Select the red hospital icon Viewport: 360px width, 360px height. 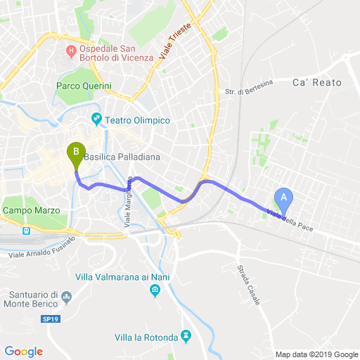[x=70, y=51]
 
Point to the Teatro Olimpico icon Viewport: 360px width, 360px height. [x=96, y=120]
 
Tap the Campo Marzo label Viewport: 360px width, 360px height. [x=32, y=210]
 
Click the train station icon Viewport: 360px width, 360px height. [x=26, y=230]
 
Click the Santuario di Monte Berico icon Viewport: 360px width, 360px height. [x=67, y=297]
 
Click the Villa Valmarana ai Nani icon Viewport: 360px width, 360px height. [x=155, y=290]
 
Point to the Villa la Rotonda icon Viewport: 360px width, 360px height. [x=186, y=337]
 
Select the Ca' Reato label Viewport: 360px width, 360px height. [x=316, y=83]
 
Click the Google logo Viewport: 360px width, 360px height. [x=23, y=352]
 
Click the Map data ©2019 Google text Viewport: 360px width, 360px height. [x=316, y=354]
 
